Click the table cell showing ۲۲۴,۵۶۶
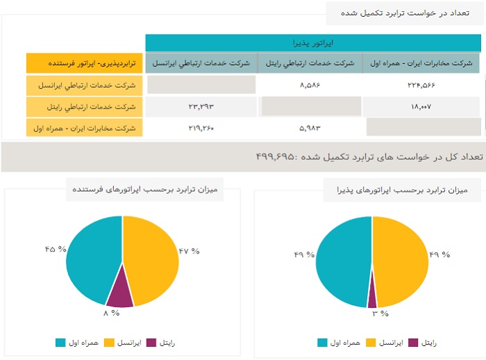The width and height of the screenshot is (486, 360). pos(421,85)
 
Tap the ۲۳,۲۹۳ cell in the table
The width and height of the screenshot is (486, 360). pos(201,106)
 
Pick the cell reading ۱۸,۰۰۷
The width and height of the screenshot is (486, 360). pos(421,106)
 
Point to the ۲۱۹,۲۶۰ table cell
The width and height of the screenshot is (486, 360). pos(201,128)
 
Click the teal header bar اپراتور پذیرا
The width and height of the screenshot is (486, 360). pos(312,43)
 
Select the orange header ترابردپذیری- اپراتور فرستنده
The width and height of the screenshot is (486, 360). pos(85,63)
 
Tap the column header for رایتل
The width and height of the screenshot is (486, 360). pos(310,63)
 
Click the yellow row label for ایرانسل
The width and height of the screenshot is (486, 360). pos(85,85)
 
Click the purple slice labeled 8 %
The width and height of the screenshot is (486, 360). pos(119,293)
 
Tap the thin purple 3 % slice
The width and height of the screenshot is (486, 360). pos(373,297)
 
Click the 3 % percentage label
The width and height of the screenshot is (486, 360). pos(379,314)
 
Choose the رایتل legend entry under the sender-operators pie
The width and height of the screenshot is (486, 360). pos(162,343)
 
